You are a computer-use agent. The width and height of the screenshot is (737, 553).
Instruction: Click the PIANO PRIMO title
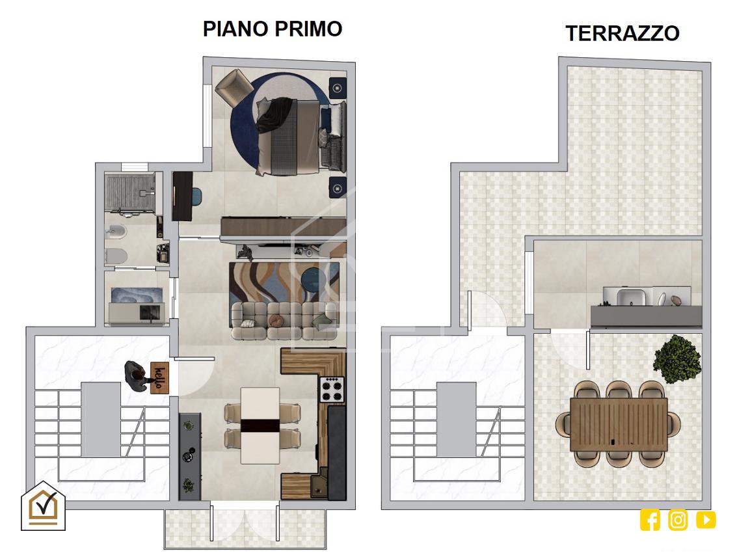pos(272,29)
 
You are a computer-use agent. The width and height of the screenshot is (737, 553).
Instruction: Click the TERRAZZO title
pos(623,33)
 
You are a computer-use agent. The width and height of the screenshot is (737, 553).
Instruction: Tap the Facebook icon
pos(650,520)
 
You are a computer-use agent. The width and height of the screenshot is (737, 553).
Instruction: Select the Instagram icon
pos(678,520)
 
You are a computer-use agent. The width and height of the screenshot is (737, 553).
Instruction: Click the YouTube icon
pos(706,520)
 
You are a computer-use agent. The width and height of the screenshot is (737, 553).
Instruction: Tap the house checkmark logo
pos(43,506)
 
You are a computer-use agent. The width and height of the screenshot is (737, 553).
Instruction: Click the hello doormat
pos(160,377)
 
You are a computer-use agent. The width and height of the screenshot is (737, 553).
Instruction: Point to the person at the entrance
pos(138,376)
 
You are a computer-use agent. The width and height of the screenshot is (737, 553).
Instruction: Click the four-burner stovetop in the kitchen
pos(332,389)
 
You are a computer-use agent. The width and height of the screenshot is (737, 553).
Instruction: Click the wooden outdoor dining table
pos(619,425)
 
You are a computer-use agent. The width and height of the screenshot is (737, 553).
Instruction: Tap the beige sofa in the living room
pos(284,321)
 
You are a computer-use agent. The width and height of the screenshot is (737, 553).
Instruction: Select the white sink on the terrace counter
pos(631,298)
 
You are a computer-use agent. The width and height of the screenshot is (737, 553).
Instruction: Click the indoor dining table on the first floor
pos(260,425)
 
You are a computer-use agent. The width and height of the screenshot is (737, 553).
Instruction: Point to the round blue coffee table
pos(312,278)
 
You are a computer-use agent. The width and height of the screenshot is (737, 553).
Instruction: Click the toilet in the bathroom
pos(116,256)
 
